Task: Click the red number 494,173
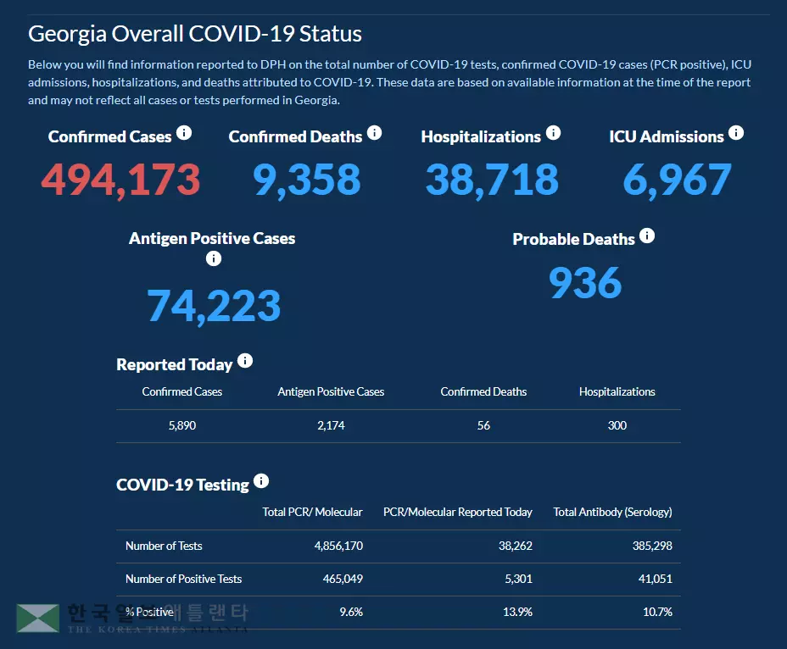coord(120,180)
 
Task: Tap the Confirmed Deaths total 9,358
coord(307,180)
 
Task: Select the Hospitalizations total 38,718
coord(492,180)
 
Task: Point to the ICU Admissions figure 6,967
coord(677,180)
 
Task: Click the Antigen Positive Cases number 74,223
coord(214,306)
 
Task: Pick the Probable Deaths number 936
coord(585,283)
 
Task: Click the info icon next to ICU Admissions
coord(736,133)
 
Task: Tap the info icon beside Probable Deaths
coord(647,236)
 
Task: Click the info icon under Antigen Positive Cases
coord(214,258)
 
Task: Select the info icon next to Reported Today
coord(245,361)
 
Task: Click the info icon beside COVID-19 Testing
coord(261,481)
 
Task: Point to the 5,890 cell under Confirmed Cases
coord(182,425)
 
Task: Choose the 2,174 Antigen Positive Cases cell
coord(331,425)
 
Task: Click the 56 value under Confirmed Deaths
coord(483,425)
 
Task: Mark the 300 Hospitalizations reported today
coord(617,425)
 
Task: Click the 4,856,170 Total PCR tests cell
coord(338,546)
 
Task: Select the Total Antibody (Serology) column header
coord(612,512)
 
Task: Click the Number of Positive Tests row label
coord(183,579)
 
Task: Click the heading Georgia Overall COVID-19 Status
coord(195,34)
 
